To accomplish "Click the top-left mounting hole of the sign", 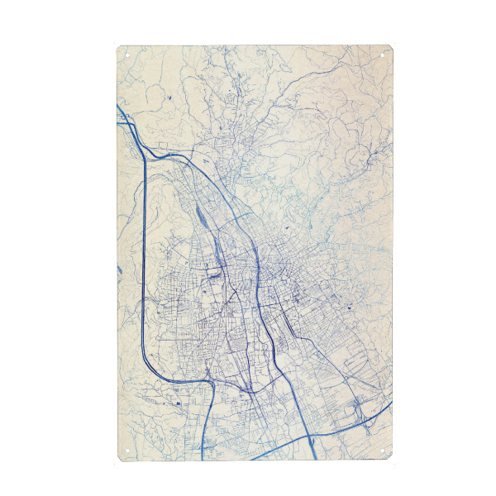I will (x=128, y=56).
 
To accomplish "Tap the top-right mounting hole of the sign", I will (x=382, y=56).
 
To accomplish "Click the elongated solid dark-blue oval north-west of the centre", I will (x=203, y=217).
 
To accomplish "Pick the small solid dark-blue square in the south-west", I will (x=177, y=403).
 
